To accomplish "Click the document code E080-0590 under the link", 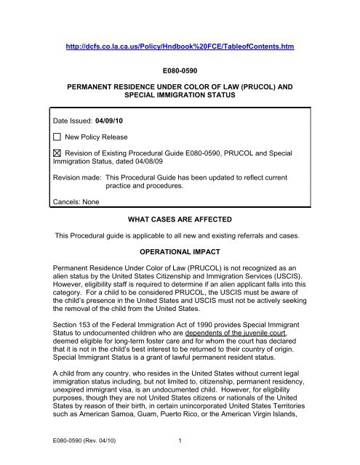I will [x=180, y=72].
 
